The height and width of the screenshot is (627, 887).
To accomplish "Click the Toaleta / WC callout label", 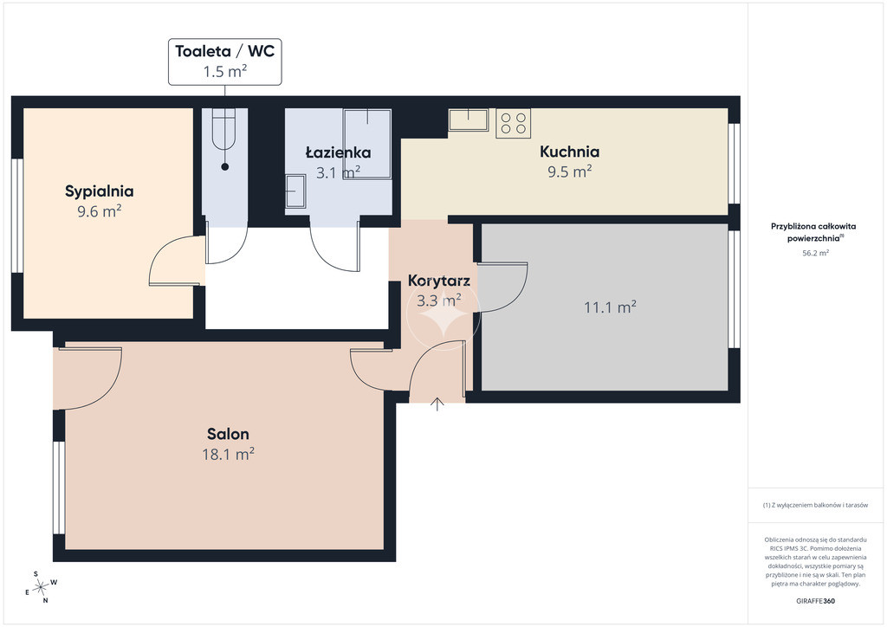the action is (x=224, y=51).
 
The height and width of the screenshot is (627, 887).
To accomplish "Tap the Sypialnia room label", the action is (x=100, y=191).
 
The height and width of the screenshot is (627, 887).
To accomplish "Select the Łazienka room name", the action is (x=339, y=152).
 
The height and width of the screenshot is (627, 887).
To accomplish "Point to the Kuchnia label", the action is (x=570, y=152).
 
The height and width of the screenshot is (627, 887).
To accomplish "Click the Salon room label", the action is (x=228, y=434).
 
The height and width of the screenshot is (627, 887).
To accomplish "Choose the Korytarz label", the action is (x=439, y=281).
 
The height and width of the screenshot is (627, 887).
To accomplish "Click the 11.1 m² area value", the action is (x=610, y=307).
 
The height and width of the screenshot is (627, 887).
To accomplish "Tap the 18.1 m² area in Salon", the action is (x=228, y=454).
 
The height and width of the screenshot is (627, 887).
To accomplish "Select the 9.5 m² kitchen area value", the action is (x=570, y=171).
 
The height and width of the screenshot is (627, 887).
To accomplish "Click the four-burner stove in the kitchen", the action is (x=514, y=123).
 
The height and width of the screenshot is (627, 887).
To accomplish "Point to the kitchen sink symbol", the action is (x=469, y=120).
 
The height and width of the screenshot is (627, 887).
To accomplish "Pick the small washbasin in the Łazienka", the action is (x=295, y=191).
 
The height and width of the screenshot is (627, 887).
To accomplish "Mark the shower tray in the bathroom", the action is (x=367, y=144).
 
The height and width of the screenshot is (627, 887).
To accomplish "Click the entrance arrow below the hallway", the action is (x=437, y=404).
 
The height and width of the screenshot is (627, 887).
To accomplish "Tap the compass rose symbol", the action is (x=41, y=587).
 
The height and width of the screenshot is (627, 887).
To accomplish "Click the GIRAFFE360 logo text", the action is (x=815, y=601).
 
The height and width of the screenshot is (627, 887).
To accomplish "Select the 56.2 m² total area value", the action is (x=815, y=253).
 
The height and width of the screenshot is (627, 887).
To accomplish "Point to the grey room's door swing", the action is (x=503, y=288).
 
